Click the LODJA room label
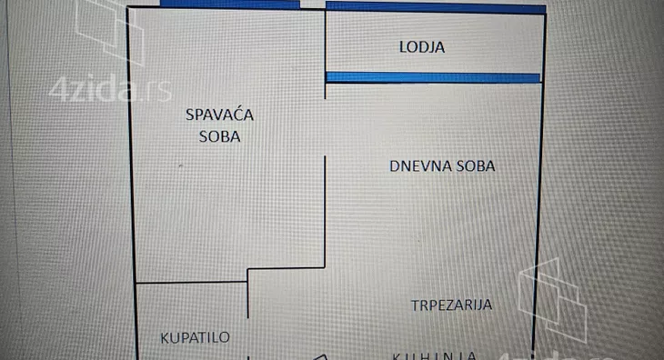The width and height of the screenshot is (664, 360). pyautogui.click(x=421, y=46)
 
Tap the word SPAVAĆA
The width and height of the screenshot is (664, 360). pyautogui.click(x=219, y=115)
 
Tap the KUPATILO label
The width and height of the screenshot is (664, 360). pyautogui.click(x=195, y=337)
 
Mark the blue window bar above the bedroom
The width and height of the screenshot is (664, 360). pyautogui.click(x=229, y=5)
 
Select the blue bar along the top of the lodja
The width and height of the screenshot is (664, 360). pyautogui.click(x=436, y=7)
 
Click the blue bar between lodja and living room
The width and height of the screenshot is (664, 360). pyautogui.click(x=433, y=77)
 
